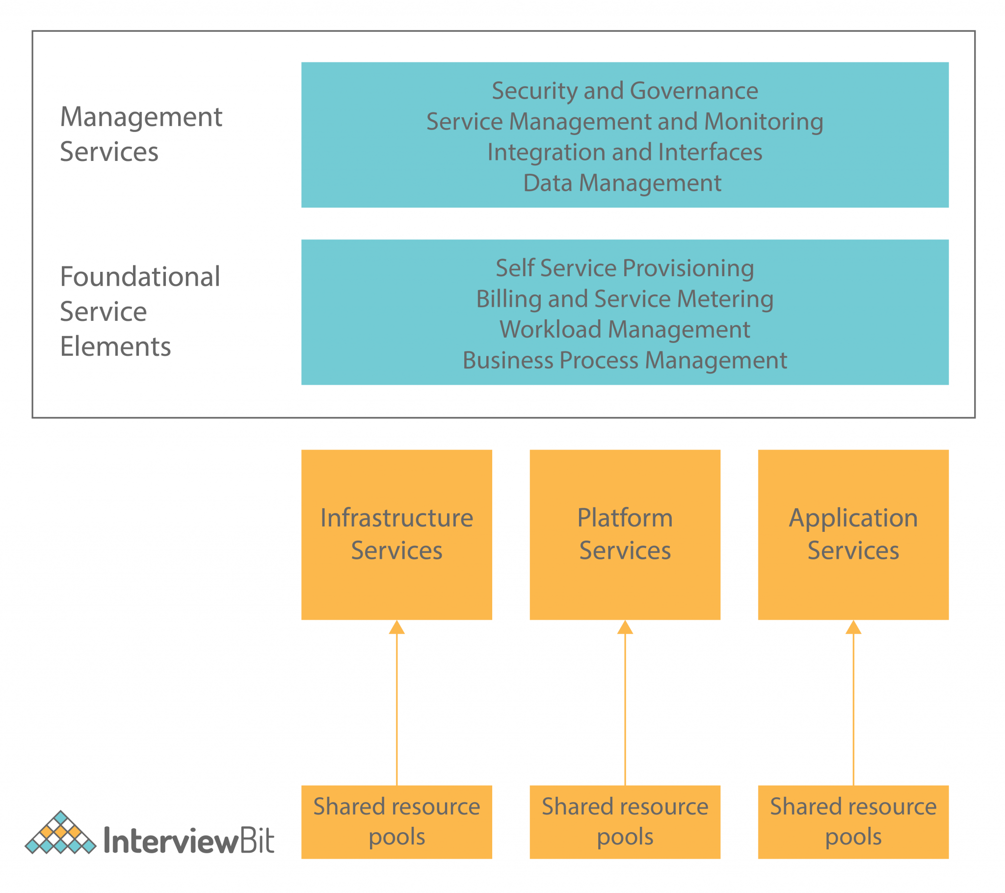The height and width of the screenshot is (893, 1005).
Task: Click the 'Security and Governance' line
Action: coord(624,90)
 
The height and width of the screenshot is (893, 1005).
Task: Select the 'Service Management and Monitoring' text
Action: coord(624,122)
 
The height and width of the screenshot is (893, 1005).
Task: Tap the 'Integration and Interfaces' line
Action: coord(624,152)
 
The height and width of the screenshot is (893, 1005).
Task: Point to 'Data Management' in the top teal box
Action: coord(622,183)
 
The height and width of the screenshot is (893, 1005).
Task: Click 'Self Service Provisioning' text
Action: coord(624,268)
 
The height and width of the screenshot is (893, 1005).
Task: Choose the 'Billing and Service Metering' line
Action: coord(624,299)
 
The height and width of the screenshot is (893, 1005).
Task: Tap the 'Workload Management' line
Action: coord(624,329)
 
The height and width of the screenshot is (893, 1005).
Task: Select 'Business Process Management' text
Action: coord(624,361)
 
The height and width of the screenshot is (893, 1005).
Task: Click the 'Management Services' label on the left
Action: coord(141,134)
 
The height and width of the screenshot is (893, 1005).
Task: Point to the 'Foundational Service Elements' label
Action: coord(140,311)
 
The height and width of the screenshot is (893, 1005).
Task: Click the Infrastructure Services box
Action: coord(397,534)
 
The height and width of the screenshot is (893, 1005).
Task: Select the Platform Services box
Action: coord(624,534)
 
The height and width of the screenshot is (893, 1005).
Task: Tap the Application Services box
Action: coord(853,534)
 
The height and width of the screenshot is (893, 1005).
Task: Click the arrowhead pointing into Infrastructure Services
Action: coord(397,628)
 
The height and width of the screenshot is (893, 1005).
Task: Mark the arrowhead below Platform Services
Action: coord(625,628)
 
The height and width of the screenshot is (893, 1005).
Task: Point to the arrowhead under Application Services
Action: coord(853,628)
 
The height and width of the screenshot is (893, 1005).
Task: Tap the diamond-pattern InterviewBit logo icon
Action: coord(60,833)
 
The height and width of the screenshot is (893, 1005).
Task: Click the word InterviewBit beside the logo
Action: coord(189,841)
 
